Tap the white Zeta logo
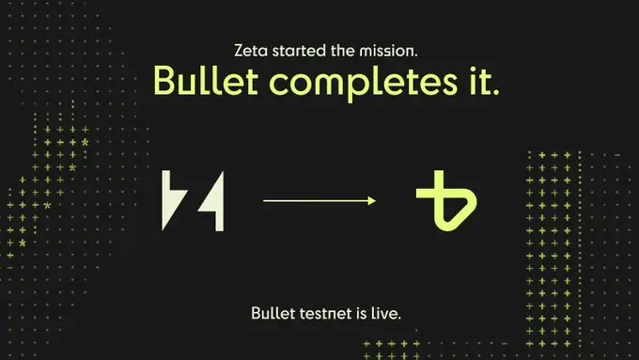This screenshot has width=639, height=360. pos(193,200)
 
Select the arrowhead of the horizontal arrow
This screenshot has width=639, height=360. pos(372,200)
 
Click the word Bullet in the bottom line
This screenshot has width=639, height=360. pos(273,312)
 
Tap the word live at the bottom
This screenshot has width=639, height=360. pos(386,312)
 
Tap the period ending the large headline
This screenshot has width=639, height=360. pos(494,92)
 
